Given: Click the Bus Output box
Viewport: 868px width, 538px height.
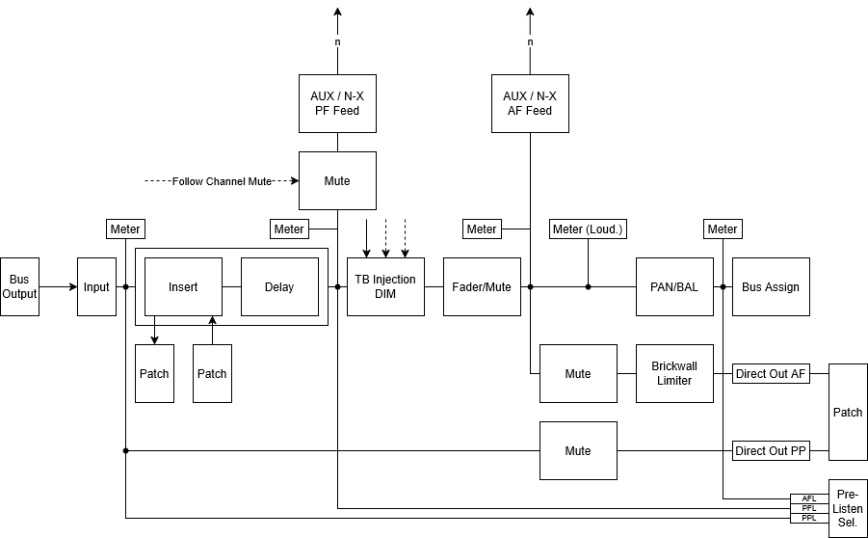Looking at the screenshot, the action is coord(19,287).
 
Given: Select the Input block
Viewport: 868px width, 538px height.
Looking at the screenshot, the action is coord(97,287).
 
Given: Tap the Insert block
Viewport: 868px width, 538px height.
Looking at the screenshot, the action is coord(183,287).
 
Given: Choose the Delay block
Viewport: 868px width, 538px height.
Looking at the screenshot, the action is coord(279,287).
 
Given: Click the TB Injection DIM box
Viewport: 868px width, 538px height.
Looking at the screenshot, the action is coord(386,287).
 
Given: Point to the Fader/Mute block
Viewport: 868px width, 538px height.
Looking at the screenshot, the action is coord(482,287).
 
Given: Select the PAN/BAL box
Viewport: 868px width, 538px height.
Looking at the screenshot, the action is coord(674,287).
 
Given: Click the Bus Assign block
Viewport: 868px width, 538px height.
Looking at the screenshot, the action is coord(771,287).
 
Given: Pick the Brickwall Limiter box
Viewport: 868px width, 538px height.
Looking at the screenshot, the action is coord(674,373).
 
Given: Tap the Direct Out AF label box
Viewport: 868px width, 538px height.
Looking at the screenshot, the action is coord(771,373).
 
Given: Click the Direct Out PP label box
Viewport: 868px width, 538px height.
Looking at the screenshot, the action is coord(771,451).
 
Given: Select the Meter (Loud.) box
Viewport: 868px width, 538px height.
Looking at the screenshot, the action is coord(588,229).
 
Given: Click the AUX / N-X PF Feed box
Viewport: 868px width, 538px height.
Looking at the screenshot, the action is coord(338,103).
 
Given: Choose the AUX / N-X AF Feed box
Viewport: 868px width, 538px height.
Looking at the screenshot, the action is coord(530,103).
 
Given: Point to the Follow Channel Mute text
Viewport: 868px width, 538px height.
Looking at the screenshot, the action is coord(222,181).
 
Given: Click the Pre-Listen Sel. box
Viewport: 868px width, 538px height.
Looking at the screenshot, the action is coord(848,509).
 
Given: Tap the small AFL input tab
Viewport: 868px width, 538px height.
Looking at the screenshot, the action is coord(809,498).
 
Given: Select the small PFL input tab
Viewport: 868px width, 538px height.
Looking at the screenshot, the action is coord(809,508).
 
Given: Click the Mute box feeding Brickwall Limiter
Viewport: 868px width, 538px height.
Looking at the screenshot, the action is coord(578,373).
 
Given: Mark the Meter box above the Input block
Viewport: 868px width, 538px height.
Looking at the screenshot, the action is coord(125,229).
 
